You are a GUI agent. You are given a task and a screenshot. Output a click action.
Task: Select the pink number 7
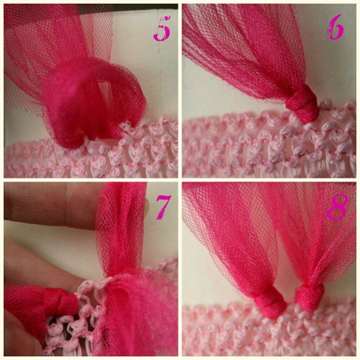point(163,207)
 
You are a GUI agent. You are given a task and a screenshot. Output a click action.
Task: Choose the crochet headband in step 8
point(274,335)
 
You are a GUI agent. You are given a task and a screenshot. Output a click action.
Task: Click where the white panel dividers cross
point(180,180)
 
